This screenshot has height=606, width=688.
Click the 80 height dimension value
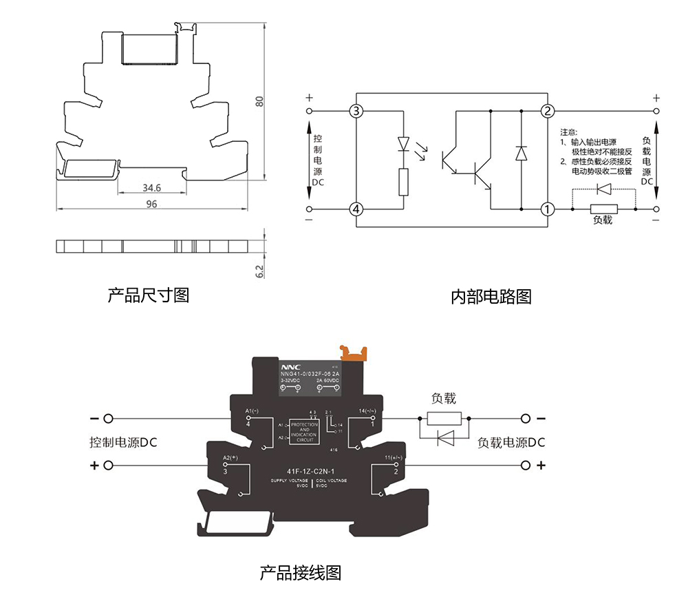[259, 101]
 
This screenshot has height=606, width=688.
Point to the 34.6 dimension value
[151, 187]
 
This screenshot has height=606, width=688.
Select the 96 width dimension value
[151, 204]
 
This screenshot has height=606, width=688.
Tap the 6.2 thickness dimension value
[259, 271]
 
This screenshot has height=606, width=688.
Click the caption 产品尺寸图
[148, 295]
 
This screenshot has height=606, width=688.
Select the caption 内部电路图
[491, 297]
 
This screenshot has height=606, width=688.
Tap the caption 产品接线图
[300, 572]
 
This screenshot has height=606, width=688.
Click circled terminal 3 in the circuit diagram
[356, 111]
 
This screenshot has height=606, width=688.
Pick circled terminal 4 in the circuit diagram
[356, 209]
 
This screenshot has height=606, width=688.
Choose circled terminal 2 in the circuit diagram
[548, 111]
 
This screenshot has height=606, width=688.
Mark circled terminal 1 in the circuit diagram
[548, 209]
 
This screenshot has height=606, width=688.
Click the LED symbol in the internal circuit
[404, 145]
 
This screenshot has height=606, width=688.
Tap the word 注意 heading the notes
[569, 132]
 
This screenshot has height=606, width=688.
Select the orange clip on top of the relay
[356, 353]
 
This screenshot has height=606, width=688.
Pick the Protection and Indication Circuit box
[303, 430]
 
